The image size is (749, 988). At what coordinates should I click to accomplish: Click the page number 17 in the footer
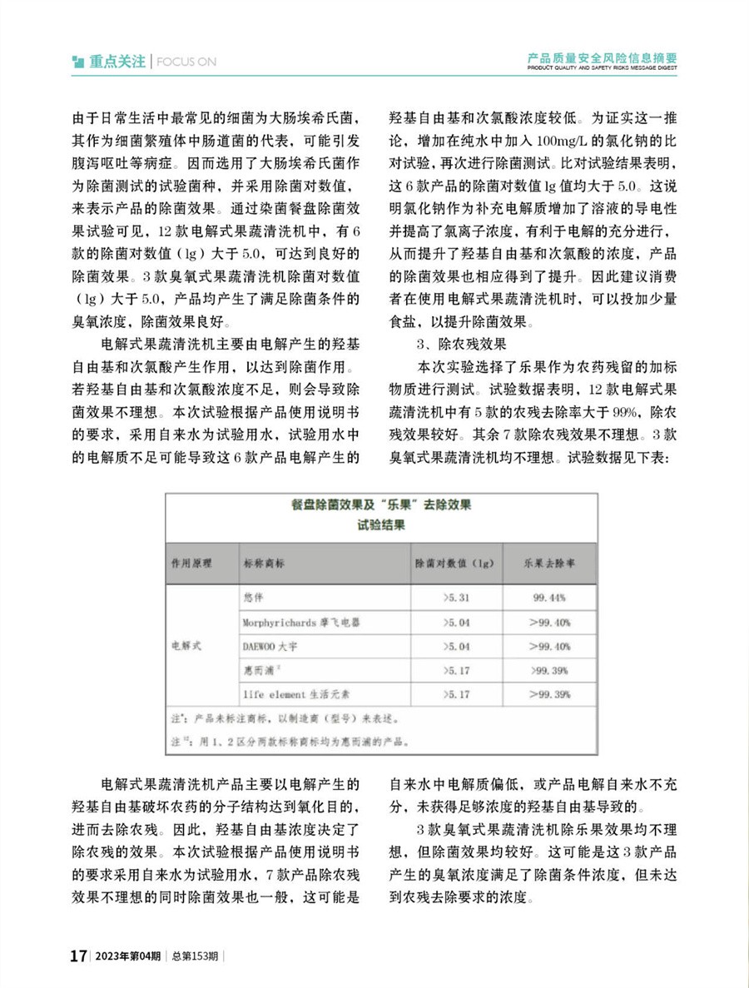click(x=78, y=955)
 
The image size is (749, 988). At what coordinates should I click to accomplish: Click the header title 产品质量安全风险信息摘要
click(x=603, y=58)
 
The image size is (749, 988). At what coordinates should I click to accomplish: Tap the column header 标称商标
click(x=264, y=564)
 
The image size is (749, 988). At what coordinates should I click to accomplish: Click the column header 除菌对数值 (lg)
click(x=455, y=564)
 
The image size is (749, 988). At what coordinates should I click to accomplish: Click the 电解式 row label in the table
click(x=187, y=645)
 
